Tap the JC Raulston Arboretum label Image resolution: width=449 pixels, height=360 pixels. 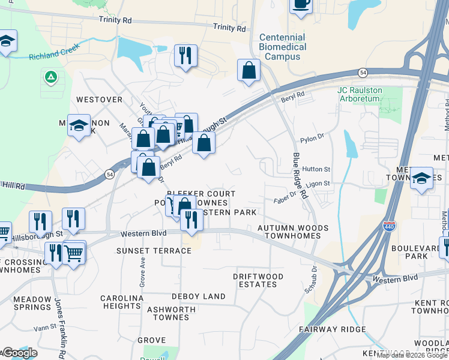[x=368, y=94]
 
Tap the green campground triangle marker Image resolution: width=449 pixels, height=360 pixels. [x=50, y=77]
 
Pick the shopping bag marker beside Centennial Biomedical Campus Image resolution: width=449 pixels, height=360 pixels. [x=249, y=71]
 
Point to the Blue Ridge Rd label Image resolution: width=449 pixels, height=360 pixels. [x=300, y=176]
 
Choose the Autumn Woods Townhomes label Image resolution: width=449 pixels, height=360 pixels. [x=293, y=232]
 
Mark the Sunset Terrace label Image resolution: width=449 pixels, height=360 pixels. [x=154, y=250]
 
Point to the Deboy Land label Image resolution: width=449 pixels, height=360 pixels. [x=199, y=296]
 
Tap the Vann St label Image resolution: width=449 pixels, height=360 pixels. [x=44, y=327]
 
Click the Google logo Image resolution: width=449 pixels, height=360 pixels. [x=19, y=353]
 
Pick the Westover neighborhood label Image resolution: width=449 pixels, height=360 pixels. [x=99, y=100]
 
